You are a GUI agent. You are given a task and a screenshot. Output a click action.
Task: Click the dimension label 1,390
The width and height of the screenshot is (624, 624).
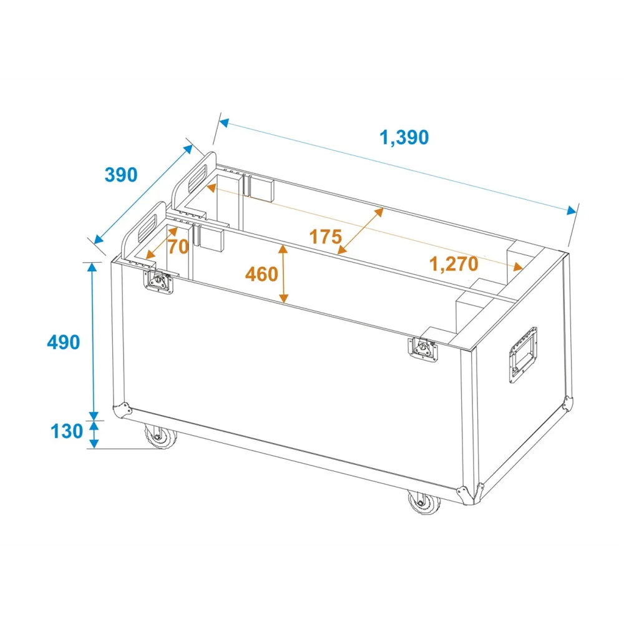click(x=404, y=138)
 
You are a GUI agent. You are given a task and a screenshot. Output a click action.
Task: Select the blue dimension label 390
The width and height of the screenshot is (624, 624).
click(x=121, y=175)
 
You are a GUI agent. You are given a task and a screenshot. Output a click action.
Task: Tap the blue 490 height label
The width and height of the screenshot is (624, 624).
click(x=63, y=342)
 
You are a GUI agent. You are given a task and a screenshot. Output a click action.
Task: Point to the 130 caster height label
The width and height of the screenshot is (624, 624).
click(x=67, y=431)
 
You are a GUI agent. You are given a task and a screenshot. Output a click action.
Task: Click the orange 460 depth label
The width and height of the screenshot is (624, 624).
click(x=261, y=274)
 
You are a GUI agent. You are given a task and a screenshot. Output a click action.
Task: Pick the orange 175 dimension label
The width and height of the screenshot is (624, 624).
click(x=326, y=236)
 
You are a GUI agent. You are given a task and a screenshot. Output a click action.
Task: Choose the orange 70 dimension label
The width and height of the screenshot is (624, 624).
click(x=178, y=246)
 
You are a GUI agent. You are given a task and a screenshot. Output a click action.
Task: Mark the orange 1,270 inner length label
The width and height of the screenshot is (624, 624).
click(x=454, y=264)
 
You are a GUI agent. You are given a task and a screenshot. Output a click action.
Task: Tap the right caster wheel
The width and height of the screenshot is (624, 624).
click(x=424, y=502)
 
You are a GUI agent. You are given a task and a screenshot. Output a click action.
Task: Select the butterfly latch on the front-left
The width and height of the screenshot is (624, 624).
click(x=158, y=281)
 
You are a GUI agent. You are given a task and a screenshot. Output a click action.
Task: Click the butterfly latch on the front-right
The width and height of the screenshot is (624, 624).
click(x=423, y=349)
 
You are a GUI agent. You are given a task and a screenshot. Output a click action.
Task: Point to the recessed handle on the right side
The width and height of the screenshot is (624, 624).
click(x=523, y=354)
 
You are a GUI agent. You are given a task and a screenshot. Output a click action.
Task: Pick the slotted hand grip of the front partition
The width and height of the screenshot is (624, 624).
click(x=148, y=228)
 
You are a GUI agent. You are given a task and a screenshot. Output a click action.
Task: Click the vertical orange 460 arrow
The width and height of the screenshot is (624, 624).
click(x=283, y=274)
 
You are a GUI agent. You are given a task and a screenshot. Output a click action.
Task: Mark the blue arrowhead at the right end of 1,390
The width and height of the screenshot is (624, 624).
click(x=572, y=210)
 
